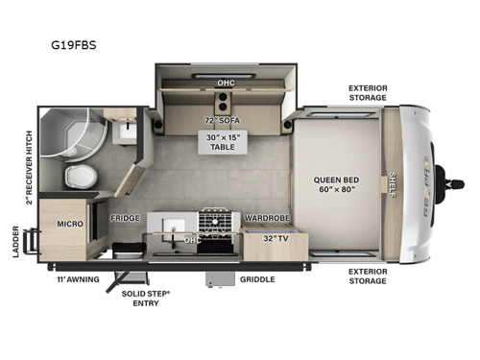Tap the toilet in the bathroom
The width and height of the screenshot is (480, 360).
tap(80, 177)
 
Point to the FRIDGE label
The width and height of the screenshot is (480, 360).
tap(125, 218)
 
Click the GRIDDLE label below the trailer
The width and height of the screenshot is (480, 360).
tap(256, 279)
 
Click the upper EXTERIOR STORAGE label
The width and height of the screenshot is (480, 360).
tap(368, 92)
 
